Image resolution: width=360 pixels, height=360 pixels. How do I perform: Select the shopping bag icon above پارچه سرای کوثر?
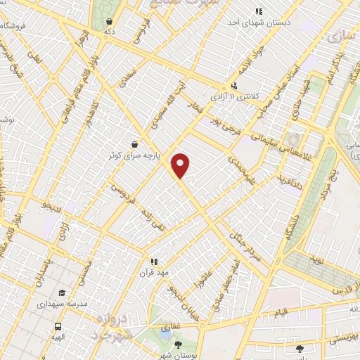[x=134, y=143]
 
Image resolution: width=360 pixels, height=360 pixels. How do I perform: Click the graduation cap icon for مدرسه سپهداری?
[x=61, y=293]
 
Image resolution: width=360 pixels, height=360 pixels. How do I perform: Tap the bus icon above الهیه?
[x=58, y=327]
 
